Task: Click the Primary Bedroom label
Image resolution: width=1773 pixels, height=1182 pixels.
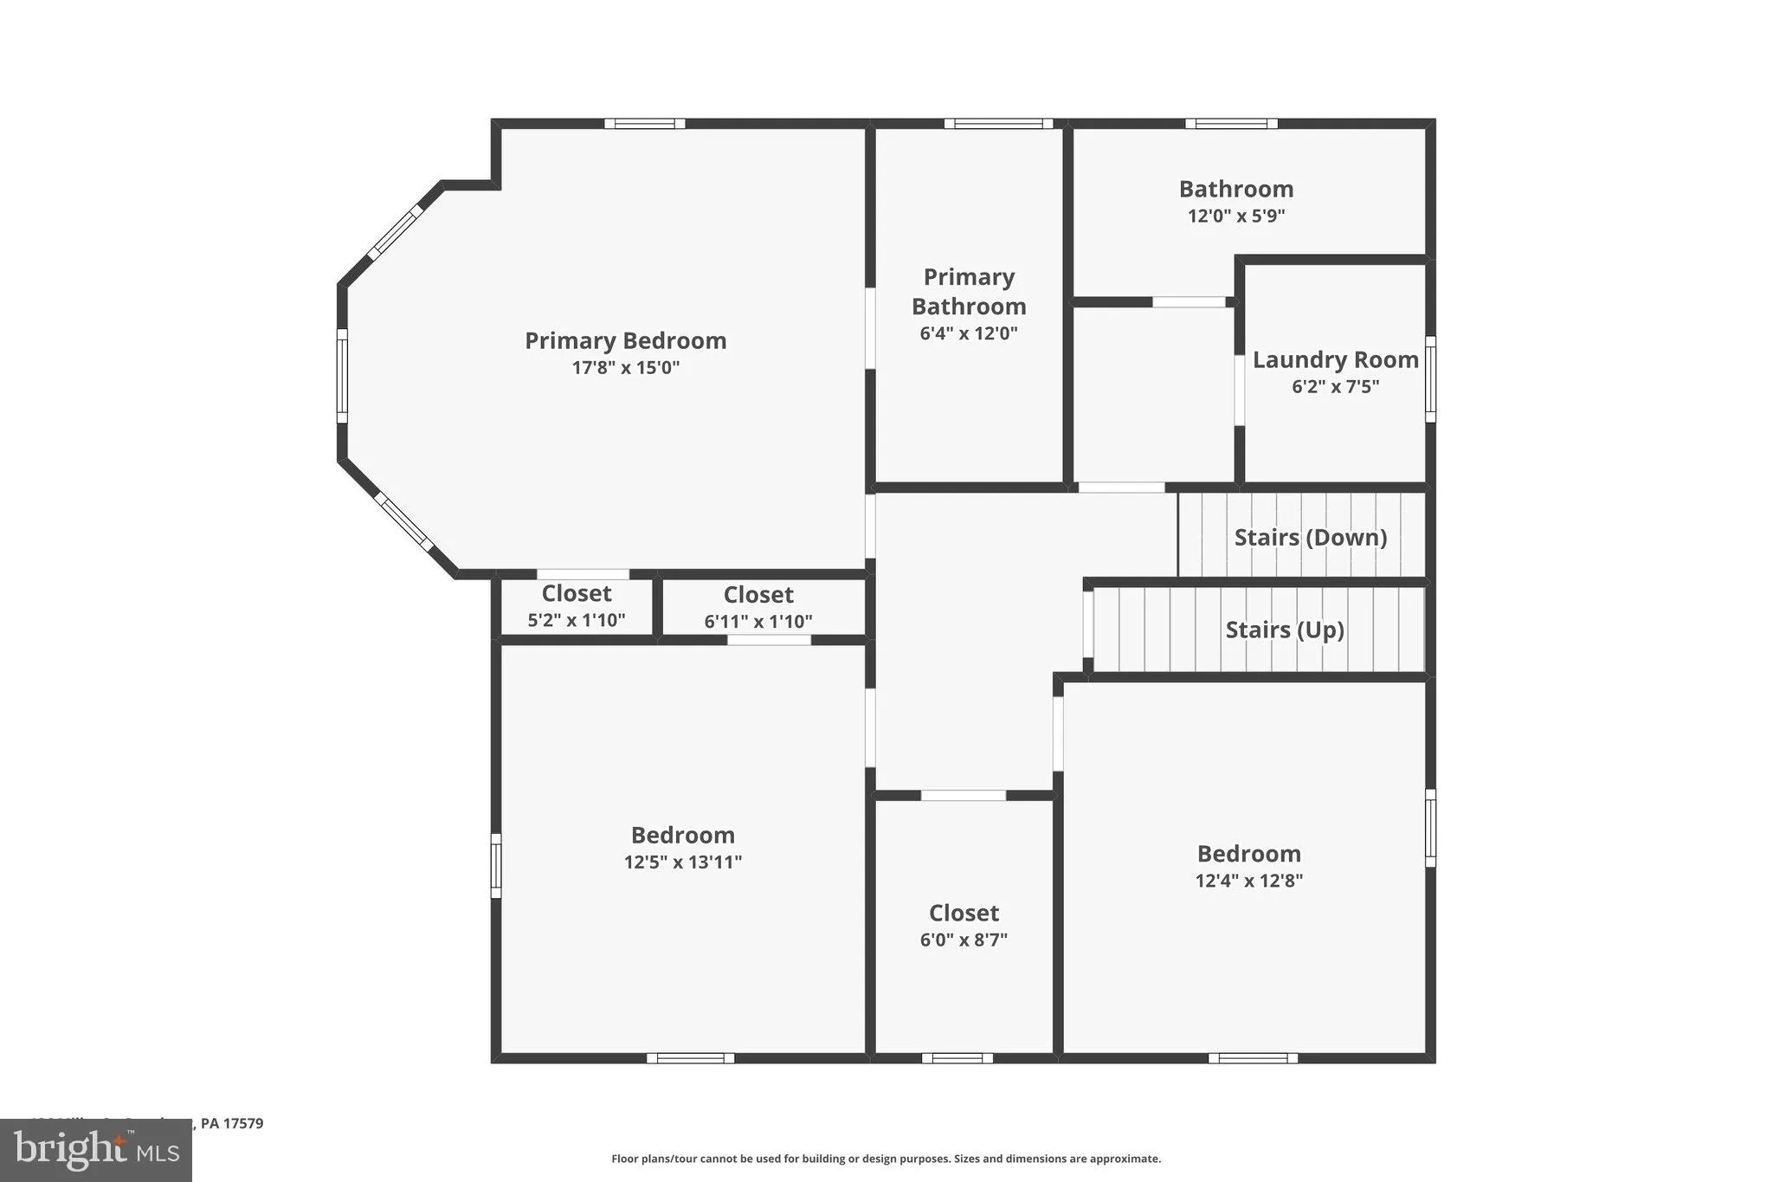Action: pyautogui.click(x=625, y=340)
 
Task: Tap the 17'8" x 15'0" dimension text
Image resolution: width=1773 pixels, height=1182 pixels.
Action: pyautogui.click(x=625, y=367)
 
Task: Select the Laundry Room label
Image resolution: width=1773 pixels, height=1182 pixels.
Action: pyautogui.click(x=1335, y=359)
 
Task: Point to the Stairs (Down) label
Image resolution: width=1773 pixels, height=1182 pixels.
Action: pyautogui.click(x=1310, y=537)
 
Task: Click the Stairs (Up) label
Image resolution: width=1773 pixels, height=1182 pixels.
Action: pyautogui.click(x=1284, y=630)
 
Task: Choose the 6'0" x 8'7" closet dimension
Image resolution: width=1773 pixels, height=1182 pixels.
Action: pyautogui.click(x=964, y=940)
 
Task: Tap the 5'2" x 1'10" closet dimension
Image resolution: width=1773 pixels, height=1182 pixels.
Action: pyautogui.click(x=577, y=620)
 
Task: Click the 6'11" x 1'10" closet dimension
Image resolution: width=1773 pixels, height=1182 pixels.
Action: pyautogui.click(x=758, y=621)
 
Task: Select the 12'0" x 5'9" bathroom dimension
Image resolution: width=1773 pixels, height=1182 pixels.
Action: pyautogui.click(x=1235, y=216)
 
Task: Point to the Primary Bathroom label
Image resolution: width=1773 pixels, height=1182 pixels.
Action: pyautogui.click(x=969, y=291)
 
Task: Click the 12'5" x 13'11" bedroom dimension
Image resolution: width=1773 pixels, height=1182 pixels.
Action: pyautogui.click(x=682, y=862)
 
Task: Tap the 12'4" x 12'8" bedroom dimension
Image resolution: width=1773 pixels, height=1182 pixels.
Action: pyautogui.click(x=1248, y=881)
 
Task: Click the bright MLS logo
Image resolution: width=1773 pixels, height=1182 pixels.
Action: pyautogui.click(x=96, y=1150)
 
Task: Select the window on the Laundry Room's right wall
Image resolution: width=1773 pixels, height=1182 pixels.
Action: pyautogui.click(x=1430, y=378)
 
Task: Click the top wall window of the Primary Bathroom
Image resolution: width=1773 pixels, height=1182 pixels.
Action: pyautogui.click(x=998, y=124)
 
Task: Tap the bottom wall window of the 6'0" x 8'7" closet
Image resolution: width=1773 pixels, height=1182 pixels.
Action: pyautogui.click(x=957, y=1057)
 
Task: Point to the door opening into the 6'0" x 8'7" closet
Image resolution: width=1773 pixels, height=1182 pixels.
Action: pyautogui.click(x=963, y=795)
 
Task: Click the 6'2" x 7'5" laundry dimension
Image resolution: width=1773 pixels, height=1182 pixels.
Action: pyautogui.click(x=1335, y=386)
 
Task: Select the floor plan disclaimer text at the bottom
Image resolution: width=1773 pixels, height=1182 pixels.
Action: pyautogui.click(x=886, y=1159)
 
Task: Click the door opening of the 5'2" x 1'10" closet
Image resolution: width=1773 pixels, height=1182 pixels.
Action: pyautogui.click(x=583, y=574)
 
